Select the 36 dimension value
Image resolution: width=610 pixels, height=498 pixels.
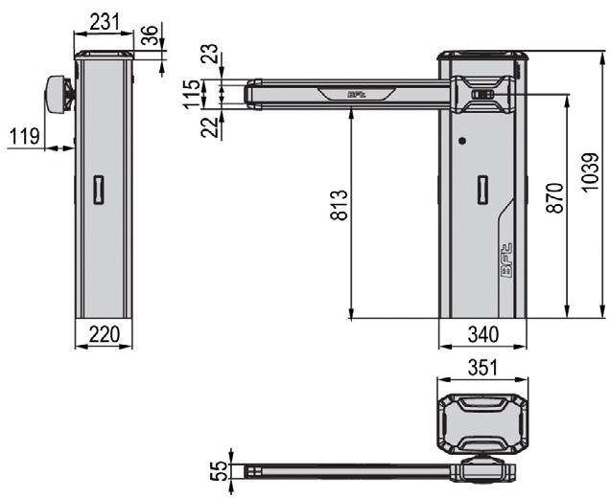150,35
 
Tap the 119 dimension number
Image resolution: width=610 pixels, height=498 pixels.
25,136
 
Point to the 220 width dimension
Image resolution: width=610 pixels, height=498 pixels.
104,334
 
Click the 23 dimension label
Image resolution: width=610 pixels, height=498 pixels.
210,54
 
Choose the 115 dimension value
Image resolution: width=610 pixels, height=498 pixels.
193,94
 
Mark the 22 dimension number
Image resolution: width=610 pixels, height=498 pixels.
210,127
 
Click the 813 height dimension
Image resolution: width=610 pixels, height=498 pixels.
339,205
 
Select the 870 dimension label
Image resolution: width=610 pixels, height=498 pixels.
554,197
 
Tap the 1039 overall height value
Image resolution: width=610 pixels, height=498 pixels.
590,172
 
